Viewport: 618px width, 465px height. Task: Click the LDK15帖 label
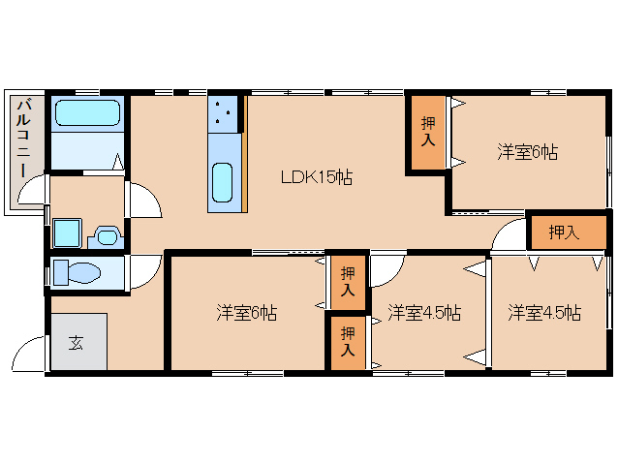tap(316, 177)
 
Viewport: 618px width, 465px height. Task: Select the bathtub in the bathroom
tap(86, 114)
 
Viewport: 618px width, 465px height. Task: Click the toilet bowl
tap(77, 272)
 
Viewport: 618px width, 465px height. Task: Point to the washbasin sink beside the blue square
tap(107, 235)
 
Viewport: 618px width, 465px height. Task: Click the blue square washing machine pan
tap(68, 233)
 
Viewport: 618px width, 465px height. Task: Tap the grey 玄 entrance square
tap(75, 342)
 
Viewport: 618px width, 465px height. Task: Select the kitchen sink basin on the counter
tap(223, 181)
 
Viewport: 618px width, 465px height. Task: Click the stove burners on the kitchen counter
tap(224, 114)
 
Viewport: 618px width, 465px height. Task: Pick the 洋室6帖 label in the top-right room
tap(528, 151)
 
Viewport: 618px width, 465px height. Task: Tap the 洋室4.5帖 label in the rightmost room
tap(544, 313)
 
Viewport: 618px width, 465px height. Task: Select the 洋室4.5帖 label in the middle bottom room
tap(423, 313)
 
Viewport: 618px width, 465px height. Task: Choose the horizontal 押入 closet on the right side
tap(563, 232)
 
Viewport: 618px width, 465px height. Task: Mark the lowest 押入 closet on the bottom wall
tap(346, 343)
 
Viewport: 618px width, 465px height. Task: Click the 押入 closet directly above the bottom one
tap(346, 282)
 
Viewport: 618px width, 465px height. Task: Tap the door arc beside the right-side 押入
tap(507, 235)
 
